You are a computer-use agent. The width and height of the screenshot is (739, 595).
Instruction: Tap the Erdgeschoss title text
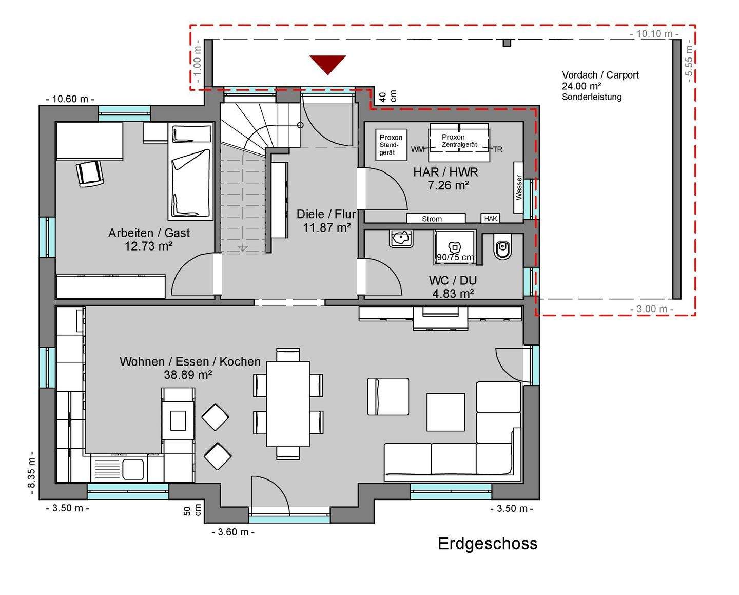point(488,544)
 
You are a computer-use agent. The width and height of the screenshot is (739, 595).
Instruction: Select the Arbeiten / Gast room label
point(149,233)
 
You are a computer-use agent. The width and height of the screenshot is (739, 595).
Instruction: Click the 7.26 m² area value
point(449,185)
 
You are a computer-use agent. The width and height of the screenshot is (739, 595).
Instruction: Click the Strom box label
point(432,219)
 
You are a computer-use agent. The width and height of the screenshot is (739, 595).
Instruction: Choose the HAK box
point(491,218)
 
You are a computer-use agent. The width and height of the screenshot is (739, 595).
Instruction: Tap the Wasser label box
point(518,187)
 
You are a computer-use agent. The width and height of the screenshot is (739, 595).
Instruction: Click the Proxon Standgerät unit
point(391,145)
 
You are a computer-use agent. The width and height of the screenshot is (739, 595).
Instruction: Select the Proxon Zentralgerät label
point(459,141)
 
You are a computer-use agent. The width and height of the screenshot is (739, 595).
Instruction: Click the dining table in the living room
point(288,404)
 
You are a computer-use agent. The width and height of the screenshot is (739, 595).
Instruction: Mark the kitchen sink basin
point(133,469)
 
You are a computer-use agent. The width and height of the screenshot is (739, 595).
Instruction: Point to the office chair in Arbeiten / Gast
point(90,174)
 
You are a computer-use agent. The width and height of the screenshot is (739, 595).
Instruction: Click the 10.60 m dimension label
point(70,99)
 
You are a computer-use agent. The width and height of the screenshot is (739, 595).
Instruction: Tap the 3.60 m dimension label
point(233,532)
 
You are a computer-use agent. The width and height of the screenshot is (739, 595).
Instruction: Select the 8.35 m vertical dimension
point(31,473)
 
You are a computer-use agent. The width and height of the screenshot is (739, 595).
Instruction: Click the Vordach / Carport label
point(600,75)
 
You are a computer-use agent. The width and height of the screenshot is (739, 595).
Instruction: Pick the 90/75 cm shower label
point(455,257)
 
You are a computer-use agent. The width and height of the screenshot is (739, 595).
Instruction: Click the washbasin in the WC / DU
point(401,238)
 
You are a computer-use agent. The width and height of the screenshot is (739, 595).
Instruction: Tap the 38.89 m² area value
point(188,375)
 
